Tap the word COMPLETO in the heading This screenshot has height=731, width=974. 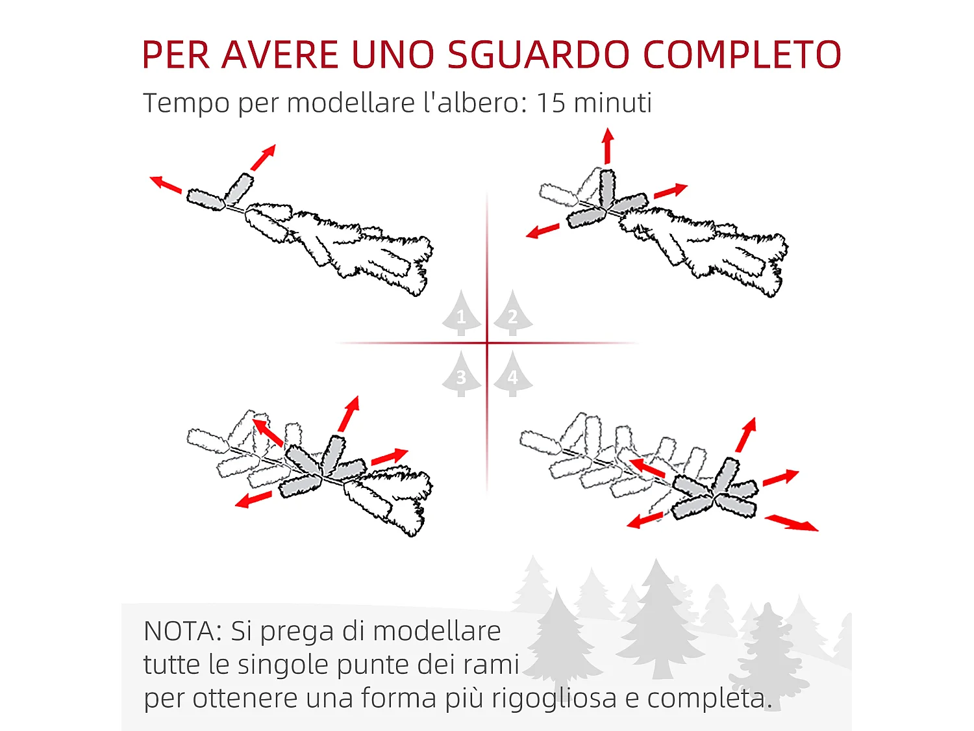click(742, 55)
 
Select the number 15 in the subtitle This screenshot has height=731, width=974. click(551, 103)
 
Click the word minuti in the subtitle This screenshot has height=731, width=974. click(613, 103)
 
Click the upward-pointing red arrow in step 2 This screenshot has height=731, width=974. click(608, 146)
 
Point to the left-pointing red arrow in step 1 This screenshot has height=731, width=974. click(166, 185)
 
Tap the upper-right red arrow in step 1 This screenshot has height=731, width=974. click(264, 157)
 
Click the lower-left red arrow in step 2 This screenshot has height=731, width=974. click(542, 231)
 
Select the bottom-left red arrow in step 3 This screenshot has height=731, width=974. click(253, 499)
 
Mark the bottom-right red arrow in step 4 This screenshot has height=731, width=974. click(792, 523)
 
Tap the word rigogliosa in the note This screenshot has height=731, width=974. click(554, 699)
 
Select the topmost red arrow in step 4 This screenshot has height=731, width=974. click(746, 435)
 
